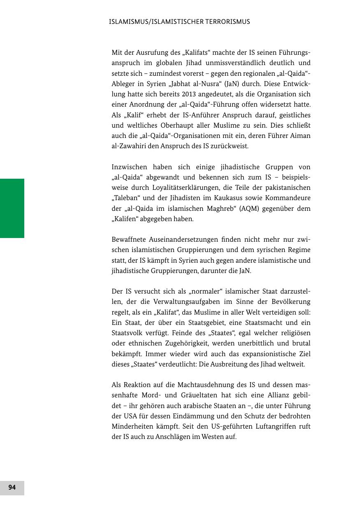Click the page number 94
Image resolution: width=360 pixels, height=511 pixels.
(12, 488)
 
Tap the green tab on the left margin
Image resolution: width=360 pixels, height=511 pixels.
(12, 208)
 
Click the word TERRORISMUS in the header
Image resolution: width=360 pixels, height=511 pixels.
(226, 22)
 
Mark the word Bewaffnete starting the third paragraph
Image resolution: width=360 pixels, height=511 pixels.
(129, 240)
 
